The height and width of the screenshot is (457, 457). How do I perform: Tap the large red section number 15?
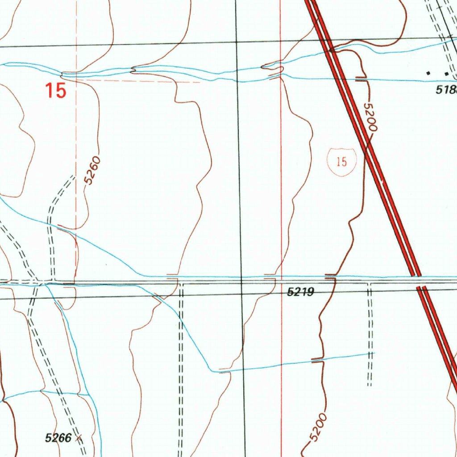[56, 91]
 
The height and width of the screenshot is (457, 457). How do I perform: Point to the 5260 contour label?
[92, 170]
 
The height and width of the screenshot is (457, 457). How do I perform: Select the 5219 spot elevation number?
[301, 292]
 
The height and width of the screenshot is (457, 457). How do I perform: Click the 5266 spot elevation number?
[58, 438]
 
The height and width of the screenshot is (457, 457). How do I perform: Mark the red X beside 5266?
[79, 438]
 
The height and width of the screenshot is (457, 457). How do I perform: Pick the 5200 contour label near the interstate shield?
[371, 116]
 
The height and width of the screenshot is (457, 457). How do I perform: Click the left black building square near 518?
[429, 72]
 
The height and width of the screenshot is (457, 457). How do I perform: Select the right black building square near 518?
[446, 73]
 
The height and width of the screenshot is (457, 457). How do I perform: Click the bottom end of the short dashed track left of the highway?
[370, 385]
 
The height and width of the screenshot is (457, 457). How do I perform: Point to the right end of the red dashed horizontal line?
[199, 82]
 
